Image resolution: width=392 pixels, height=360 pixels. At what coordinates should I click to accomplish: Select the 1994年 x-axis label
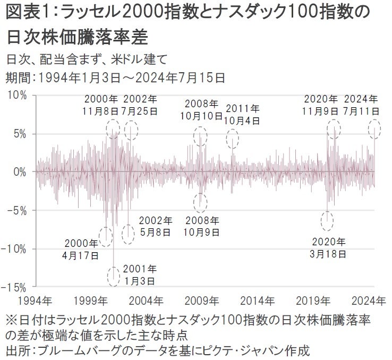(x=36, y=301)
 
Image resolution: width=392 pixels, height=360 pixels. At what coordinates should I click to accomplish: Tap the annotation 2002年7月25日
(x=141, y=105)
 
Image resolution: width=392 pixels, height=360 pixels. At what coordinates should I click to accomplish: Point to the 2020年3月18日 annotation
(x=329, y=247)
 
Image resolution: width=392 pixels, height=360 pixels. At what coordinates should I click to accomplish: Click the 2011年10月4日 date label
(x=243, y=114)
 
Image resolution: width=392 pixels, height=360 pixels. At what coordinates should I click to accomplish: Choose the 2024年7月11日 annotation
(x=361, y=105)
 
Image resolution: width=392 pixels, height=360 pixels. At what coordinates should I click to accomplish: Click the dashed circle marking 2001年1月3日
(x=114, y=276)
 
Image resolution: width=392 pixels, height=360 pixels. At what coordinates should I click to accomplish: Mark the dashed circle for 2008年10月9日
(x=200, y=202)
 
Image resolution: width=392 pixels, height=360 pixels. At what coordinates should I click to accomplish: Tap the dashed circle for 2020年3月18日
(x=328, y=220)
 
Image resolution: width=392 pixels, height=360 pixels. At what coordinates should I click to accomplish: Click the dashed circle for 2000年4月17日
(x=106, y=236)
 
